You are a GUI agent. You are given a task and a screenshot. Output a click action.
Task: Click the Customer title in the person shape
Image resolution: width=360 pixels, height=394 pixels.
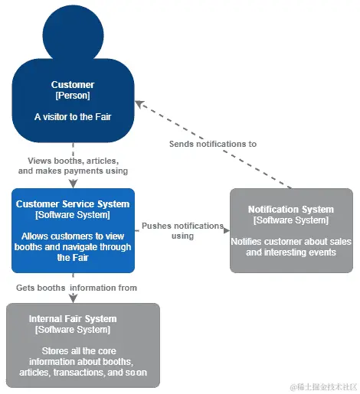(73, 85)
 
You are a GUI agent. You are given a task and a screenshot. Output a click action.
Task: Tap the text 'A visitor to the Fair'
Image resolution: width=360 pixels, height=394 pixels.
(73, 117)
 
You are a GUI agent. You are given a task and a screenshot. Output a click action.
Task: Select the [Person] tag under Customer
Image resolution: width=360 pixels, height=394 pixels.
(73, 96)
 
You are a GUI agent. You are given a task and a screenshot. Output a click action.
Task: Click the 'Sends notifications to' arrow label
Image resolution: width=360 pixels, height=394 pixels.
(213, 144)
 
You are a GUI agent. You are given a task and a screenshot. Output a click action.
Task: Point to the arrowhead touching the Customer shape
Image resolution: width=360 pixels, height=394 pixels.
(139, 104)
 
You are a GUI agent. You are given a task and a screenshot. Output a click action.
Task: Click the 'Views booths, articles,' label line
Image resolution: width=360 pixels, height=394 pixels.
(73, 161)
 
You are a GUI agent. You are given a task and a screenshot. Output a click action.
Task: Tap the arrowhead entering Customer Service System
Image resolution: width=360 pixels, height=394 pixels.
(74, 184)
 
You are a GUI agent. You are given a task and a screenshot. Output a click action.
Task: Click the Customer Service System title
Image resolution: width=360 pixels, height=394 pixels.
(73, 204)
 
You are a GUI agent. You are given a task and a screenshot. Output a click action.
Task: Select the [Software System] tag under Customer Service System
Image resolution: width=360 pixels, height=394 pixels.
(73, 215)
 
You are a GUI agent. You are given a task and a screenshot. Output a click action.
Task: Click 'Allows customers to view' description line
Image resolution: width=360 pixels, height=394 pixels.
(73, 236)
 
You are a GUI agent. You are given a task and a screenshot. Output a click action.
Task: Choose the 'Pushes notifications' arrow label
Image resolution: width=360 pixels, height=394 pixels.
(182, 226)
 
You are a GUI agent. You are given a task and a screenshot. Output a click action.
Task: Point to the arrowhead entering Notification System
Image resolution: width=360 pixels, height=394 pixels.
(227, 230)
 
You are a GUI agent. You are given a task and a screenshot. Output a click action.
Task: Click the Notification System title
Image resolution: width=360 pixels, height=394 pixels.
(291, 210)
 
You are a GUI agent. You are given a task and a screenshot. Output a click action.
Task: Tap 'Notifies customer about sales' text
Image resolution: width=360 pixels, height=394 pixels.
(291, 242)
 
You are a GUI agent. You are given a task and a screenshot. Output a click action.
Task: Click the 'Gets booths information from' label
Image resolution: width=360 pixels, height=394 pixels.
(77, 288)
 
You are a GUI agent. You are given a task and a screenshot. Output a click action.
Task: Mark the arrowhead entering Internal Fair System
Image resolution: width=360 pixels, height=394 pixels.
(74, 298)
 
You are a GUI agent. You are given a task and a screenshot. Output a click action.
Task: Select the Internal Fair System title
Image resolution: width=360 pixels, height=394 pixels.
(73, 319)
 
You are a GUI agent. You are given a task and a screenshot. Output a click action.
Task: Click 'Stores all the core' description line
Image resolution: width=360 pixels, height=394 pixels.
(79, 351)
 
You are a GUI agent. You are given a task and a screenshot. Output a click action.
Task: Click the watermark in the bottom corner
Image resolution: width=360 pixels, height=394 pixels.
(323, 387)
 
